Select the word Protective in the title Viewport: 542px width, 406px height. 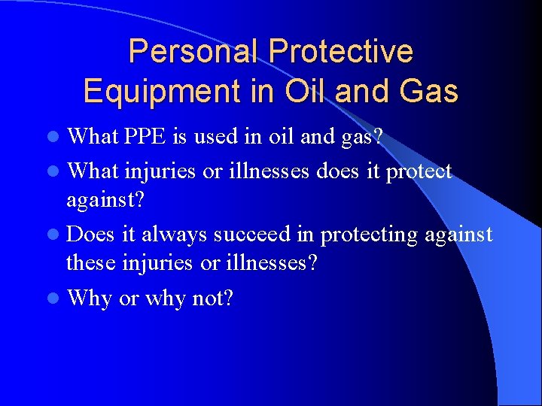(341, 52)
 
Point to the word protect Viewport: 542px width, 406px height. (419, 171)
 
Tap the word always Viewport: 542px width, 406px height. (174, 235)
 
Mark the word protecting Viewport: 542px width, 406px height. (369, 235)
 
